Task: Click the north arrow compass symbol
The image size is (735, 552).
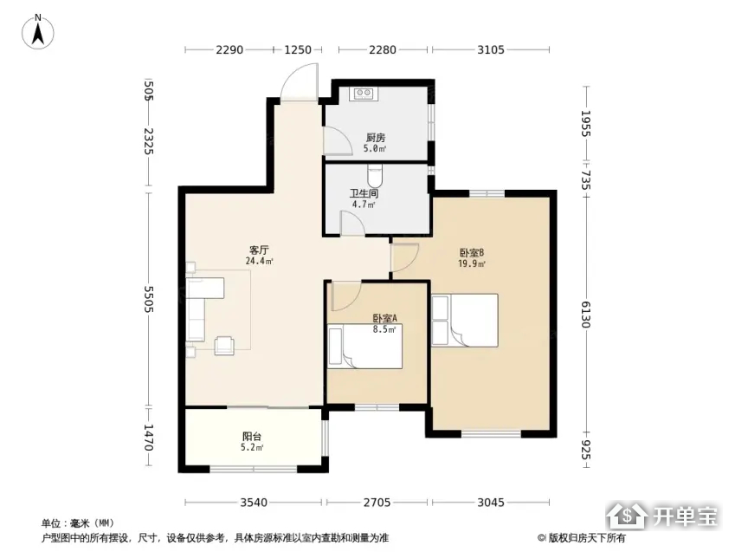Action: coord(38,32)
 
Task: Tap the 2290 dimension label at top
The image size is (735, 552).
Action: coord(229,49)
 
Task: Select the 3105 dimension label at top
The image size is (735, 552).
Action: coord(491,49)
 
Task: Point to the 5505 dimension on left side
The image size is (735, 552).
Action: coord(149,299)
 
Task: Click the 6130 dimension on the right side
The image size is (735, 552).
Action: coord(586,315)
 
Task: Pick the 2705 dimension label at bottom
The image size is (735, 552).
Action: coord(377,503)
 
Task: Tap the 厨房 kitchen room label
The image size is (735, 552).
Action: coord(376,138)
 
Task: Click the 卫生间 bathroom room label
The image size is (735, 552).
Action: coord(364,193)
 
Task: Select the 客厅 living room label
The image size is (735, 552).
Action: coord(259,250)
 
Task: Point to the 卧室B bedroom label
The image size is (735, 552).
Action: coord(472,252)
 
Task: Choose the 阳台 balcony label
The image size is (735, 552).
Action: coord(252,437)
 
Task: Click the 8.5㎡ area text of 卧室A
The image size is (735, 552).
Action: coord(384,329)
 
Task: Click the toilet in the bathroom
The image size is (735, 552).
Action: coord(375,176)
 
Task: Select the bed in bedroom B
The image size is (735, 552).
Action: coord(465,321)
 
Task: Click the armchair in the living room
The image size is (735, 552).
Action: coord(224,346)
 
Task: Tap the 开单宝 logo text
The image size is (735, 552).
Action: coord(686,516)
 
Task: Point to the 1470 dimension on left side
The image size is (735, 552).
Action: coord(149,437)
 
